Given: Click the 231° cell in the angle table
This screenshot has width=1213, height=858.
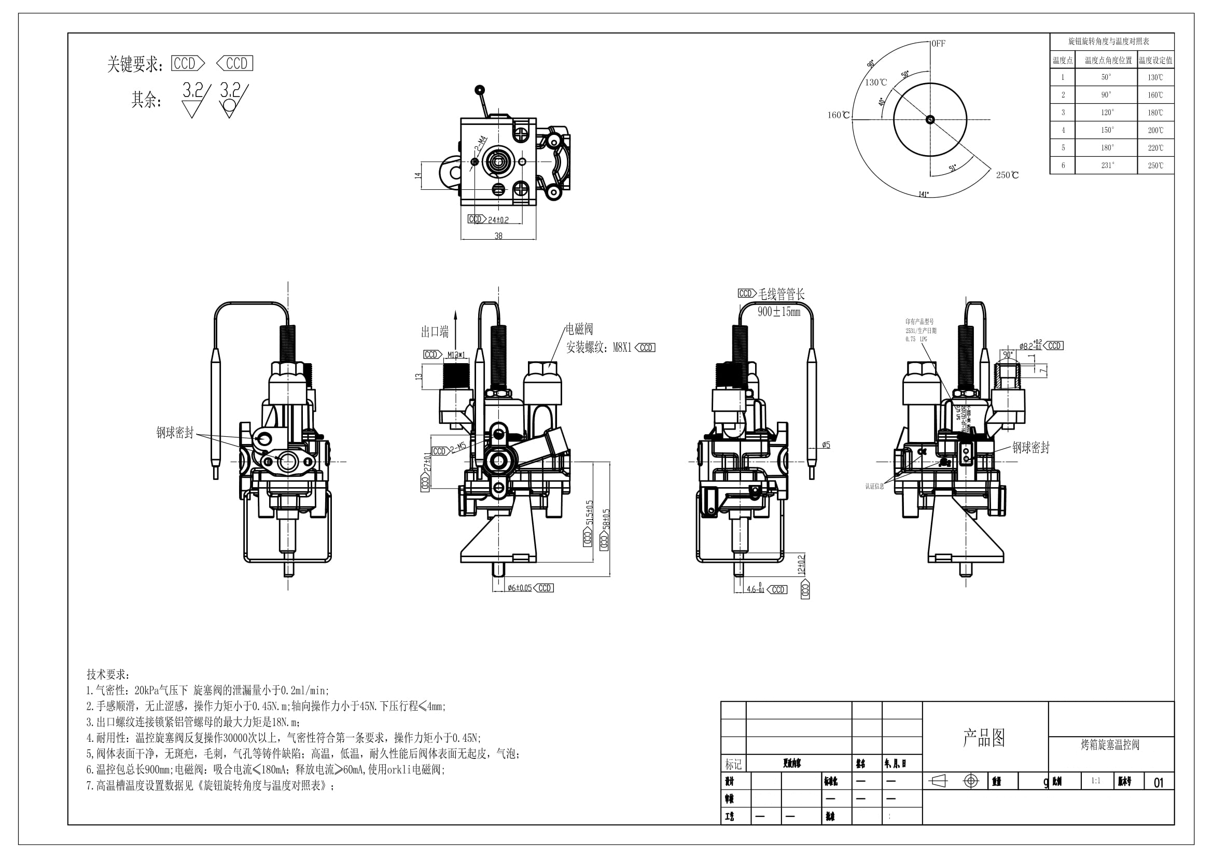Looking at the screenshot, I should [x=1107, y=165].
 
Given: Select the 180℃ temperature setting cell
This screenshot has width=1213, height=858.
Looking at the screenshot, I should [x=1155, y=113].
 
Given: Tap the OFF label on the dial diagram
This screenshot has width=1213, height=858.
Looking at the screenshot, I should [x=938, y=44].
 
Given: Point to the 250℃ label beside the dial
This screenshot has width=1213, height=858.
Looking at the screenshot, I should [x=1007, y=175].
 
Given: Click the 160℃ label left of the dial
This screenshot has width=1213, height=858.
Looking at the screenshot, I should [x=839, y=115].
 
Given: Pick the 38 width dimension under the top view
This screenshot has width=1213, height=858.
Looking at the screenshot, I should [x=498, y=236].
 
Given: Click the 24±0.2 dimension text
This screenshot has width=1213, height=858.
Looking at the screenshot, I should [x=498, y=220].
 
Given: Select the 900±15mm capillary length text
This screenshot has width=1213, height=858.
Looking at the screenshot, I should [x=779, y=312].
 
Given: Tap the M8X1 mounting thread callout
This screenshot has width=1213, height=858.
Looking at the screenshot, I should [x=622, y=348].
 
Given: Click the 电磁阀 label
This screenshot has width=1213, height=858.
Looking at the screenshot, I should [x=579, y=329].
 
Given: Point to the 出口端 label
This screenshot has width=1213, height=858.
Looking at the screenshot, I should [x=434, y=332].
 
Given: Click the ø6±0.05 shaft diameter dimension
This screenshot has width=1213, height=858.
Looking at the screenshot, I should [x=519, y=588].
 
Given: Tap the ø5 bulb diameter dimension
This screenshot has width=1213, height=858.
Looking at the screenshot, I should [x=826, y=445].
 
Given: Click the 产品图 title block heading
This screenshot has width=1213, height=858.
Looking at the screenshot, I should [x=984, y=738].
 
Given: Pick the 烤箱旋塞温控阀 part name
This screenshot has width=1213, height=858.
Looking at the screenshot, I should [x=1110, y=744].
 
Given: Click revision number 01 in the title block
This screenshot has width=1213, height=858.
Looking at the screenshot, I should [x=1159, y=782].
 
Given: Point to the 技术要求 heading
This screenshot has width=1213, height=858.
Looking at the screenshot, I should [x=108, y=675].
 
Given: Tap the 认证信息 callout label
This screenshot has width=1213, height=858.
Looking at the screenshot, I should [x=874, y=486].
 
